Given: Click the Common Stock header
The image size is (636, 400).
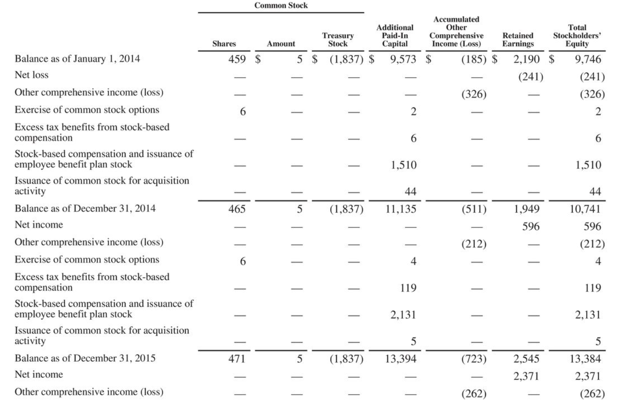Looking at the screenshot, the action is (x=281, y=5).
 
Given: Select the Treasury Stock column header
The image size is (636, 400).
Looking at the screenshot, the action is (x=338, y=40).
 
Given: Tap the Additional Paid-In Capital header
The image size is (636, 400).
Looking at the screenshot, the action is (x=394, y=36).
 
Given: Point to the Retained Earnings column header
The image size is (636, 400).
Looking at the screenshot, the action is (x=517, y=40).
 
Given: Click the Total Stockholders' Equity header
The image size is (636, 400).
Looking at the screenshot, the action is (x=577, y=36).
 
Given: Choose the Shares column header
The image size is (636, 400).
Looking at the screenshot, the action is (x=224, y=44).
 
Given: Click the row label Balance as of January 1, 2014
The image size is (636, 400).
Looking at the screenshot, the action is (x=77, y=59).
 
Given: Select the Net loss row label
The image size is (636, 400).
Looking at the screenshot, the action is (x=32, y=75).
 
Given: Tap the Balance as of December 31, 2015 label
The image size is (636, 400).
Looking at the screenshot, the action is (x=85, y=358).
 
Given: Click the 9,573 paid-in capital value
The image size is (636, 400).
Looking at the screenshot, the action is (x=403, y=59).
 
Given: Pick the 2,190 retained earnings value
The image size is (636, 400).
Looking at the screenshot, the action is (x=526, y=59).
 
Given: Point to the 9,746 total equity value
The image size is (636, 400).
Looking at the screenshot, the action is (x=588, y=59).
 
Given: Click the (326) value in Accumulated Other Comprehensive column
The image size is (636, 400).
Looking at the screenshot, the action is (x=473, y=94).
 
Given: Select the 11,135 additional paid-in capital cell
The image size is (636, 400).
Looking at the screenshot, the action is (x=401, y=209).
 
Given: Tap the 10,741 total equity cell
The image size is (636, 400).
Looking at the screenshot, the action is (x=585, y=209).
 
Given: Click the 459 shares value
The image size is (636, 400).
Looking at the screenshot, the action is (x=237, y=59).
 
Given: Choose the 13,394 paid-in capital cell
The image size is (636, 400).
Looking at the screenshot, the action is (x=401, y=359).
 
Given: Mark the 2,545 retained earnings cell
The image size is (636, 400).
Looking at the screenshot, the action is (x=526, y=359).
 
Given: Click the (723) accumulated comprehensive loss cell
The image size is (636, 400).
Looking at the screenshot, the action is (x=473, y=359).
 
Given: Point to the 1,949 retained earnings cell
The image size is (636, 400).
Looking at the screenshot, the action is (x=526, y=209).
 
